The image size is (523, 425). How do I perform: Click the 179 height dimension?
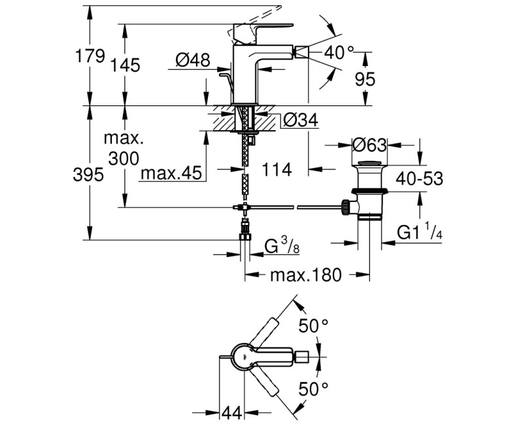click(90, 56)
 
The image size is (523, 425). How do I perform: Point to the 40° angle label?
click(340, 52)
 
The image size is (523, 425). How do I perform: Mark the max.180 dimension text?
click(306, 275)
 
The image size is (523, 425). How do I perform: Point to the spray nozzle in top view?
click(302, 357)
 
